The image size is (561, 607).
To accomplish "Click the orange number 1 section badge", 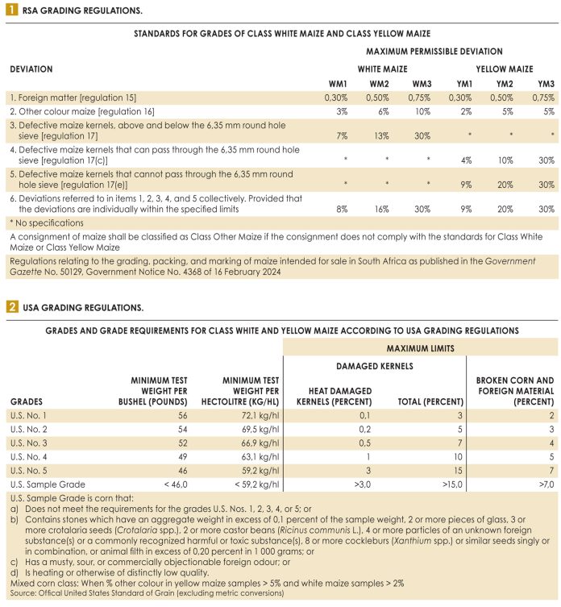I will pos(11,11).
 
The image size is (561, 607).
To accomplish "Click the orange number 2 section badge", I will pos(11,307).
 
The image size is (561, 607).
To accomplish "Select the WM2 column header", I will pos(380,84).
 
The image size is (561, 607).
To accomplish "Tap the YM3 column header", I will pos(546,84).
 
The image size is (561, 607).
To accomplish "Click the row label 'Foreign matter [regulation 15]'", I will pos(65,98).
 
